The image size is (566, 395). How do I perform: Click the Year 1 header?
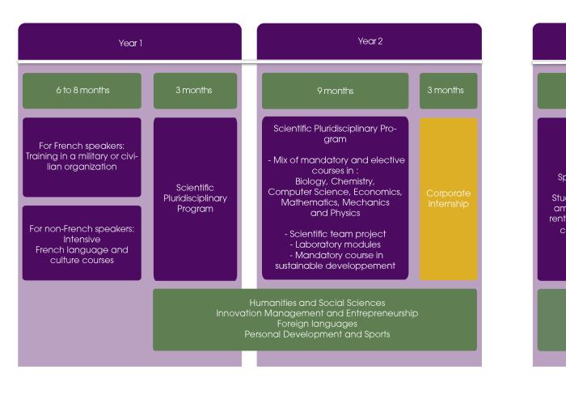pos(129,41)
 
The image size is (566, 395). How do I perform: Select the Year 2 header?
pos(369,40)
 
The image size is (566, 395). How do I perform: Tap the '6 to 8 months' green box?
pos(82,91)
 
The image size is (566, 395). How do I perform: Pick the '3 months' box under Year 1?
pos(195,91)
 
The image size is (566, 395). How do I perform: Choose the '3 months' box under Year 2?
pos(448,91)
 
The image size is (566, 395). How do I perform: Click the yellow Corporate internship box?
pos(448,198)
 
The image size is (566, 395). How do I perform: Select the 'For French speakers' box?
pos(82,156)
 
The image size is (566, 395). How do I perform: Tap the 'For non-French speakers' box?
pos(82,243)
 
